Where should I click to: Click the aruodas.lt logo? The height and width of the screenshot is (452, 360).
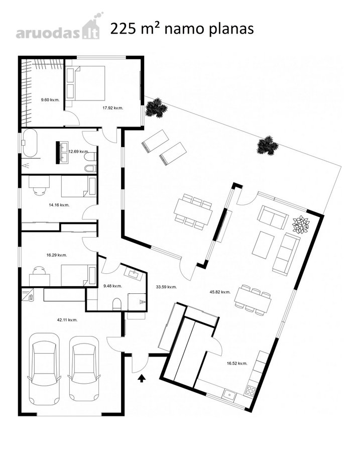[x=58, y=28]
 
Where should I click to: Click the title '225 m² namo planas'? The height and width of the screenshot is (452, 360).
[x=182, y=29]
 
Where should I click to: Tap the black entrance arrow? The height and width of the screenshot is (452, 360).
[x=142, y=379]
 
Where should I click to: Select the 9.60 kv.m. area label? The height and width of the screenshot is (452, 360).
[x=50, y=100]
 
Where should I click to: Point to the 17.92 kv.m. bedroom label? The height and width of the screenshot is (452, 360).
[x=112, y=108]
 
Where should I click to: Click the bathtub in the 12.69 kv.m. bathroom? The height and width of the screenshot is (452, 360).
[x=30, y=143]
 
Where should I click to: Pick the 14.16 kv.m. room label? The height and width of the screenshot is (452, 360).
[x=59, y=205]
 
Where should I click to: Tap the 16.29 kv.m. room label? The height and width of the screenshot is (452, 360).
[x=57, y=255]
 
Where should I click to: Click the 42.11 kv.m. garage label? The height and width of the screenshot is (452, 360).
[x=67, y=320]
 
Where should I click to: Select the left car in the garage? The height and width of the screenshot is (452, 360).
[x=44, y=369]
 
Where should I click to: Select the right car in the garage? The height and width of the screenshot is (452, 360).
[x=84, y=369]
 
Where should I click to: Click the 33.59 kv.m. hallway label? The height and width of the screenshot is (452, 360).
[x=166, y=287]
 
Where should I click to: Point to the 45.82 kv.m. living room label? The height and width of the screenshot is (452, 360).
[x=220, y=292]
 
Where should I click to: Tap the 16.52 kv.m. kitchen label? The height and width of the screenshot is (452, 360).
[x=237, y=364]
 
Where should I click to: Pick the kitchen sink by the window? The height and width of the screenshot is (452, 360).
[x=230, y=394]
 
